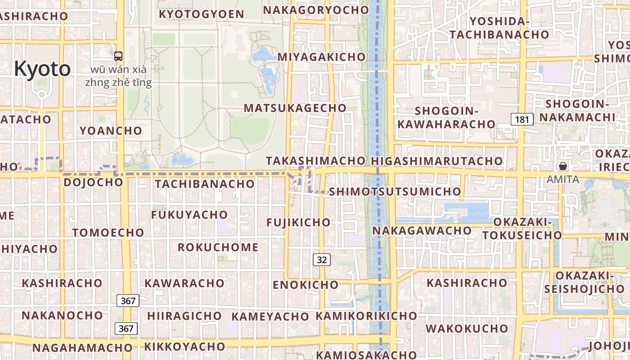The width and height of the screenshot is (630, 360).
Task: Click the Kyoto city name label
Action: pyautogui.click(x=42, y=69)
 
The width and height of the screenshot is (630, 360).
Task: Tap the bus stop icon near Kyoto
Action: pyautogui.click(x=118, y=56)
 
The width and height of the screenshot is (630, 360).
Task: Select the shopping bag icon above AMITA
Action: pyautogui.click(x=562, y=166)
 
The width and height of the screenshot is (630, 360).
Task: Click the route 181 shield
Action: pyautogui.click(x=522, y=119)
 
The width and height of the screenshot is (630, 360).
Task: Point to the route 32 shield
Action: pyautogui.click(x=322, y=259)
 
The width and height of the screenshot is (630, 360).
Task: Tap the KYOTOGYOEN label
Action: pyautogui.click(x=202, y=14)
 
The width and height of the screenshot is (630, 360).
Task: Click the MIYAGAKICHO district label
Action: pyautogui.click(x=321, y=57)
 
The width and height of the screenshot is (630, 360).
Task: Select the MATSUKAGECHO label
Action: pyautogui.click(x=295, y=108)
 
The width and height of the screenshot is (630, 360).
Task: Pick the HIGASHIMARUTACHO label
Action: pyautogui.click(x=437, y=161)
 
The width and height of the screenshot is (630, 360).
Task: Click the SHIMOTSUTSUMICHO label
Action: pyautogui.click(x=395, y=192)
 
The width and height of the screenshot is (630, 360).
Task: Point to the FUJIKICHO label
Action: pyautogui.click(x=298, y=222)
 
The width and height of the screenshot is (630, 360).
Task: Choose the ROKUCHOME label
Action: pyautogui.click(x=218, y=247)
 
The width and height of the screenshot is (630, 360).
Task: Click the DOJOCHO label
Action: pyautogui.click(x=93, y=182)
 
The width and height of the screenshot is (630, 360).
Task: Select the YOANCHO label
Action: pyautogui.click(x=111, y=131)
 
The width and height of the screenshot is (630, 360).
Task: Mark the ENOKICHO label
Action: pyautogui.click(x=306, y=285)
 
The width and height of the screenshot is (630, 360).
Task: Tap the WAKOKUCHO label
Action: pyautogui.click(x=467, y=328)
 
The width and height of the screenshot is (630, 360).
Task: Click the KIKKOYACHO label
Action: pyautogui.click(x=184, y=346)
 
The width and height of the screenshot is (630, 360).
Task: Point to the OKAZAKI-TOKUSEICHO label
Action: pyautogui.click(x=522, y=229)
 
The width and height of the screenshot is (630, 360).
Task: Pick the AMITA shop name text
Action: pyautogui.click(x=562, y=179)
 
